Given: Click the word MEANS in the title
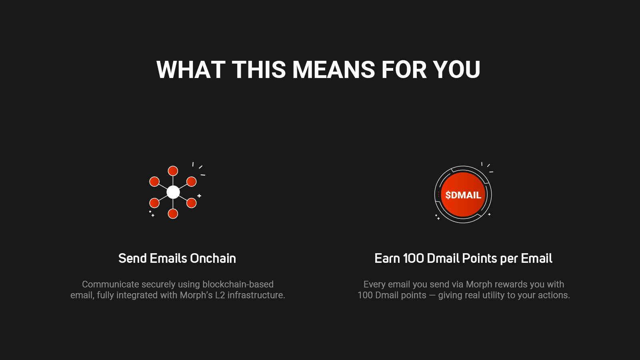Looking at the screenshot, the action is point(334,70).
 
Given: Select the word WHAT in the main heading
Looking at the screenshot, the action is point(190,70).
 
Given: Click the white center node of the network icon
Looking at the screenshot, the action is point(173,192).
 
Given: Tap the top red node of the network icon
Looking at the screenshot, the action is point(173,171).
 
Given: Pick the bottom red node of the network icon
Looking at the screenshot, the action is point(173,214).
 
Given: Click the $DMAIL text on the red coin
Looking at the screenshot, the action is point(463,195).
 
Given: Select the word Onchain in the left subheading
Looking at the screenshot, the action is point(213,258).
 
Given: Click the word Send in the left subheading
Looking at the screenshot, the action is point(132,258).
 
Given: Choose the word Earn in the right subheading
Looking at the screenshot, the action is point(387,258).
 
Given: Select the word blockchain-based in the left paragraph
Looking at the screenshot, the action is point(238,284).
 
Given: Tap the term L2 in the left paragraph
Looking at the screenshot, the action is point(220,295).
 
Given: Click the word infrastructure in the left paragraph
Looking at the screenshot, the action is point(255,295).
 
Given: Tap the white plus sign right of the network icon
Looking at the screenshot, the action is point(199,196).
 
